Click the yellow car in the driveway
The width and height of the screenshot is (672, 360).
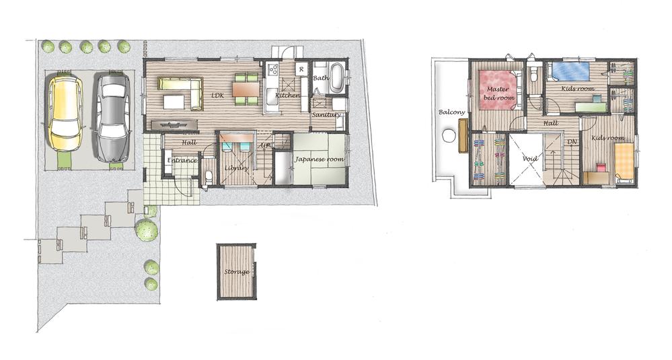pyautogui.click(x=65, y=112)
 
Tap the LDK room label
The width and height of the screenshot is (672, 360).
pyautogui.click(x=217, y=96)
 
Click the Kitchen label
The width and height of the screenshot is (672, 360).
pyautogui.click(x=287, y=96)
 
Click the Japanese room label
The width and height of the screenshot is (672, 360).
pyautogui.click(x=320, y=159)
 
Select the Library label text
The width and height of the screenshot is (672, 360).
pyautogui.click(x=235, y=168)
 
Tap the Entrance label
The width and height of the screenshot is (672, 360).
pyautogui.click(x=182, y=160)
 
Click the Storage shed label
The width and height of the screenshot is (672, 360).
pyautogui.click(x=237, y=272)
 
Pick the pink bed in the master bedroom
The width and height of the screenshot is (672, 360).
pyautogui.click(x=498, y=91)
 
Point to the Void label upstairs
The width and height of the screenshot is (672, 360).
pyautogui.click(x=531, y=159)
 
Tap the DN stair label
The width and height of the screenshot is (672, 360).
pyautogui.click(x=572, y=142)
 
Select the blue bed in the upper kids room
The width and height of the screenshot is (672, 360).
pyautogui.click(x=568, y=71)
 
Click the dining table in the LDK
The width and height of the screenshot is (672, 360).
pyautogui.click(x=246, y=89)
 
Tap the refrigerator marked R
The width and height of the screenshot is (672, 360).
pyautogui.click(x=301, y=69)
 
